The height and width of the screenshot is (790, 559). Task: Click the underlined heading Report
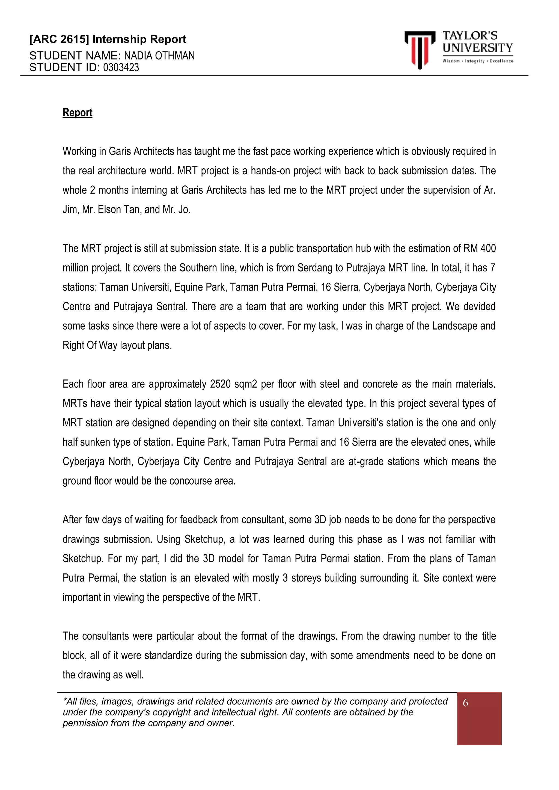click(x=78, y=112)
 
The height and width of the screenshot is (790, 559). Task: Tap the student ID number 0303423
click(x=121, y=67)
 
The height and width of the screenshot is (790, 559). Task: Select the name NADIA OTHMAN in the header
click(x=159, y=55)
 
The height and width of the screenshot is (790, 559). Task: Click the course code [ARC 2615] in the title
click(x=59, y=39)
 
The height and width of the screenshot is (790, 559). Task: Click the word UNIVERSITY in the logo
click(x=477, y=48)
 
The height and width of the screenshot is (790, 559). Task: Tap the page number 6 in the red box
click(x=465, y=703)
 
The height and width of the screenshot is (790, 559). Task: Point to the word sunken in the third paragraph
click(x=93, y=442)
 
